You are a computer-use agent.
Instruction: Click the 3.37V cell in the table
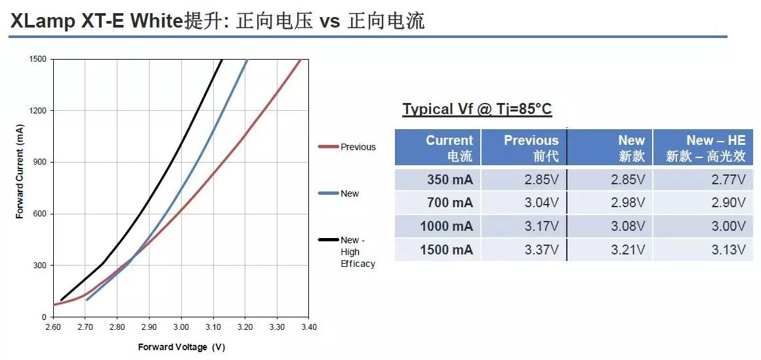click(543, 250)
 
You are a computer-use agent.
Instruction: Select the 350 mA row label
click(450, 180)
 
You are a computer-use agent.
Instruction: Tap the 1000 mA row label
click(446, 227)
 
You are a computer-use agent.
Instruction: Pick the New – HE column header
click(706, 148)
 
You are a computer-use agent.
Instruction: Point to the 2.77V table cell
click(729, 180)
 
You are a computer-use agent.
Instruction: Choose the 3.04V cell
click(543, 203)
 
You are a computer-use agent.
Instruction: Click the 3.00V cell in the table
click(729, 227)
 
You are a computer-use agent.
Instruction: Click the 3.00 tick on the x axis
click(181, 327)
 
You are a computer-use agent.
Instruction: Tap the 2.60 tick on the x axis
click(53, 327)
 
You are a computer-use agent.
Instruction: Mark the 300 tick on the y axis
click(39, 266)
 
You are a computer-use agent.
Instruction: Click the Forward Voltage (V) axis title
click(181, 347)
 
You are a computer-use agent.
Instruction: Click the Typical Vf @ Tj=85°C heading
click(477, 109)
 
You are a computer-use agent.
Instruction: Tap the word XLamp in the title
click(43, 21)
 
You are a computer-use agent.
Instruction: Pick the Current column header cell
click(449, 148)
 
